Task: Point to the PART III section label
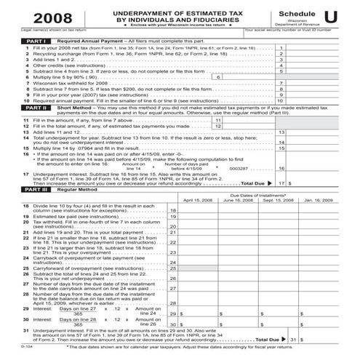[x=16, y=189]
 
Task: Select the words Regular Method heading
[x=57, y=189]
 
